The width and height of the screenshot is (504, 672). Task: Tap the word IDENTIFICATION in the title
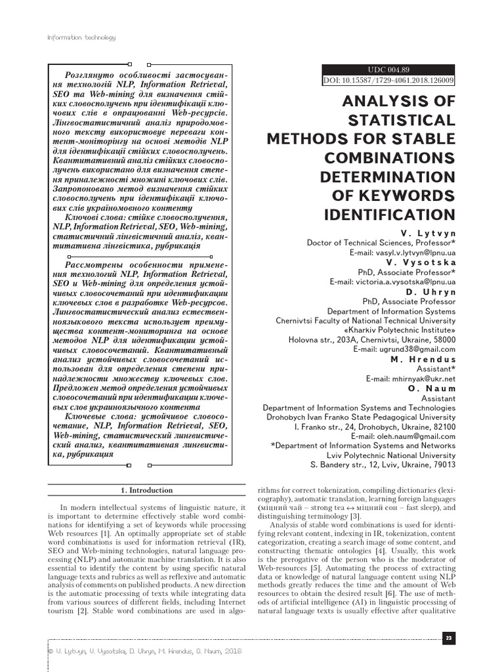click(x=389, y=215)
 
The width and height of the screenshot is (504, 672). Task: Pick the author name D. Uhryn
click(x=430, y=291)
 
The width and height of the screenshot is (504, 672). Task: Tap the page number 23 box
click(x=449, y=639)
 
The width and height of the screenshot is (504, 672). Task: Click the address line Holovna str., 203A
click(x=372, y=340)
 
